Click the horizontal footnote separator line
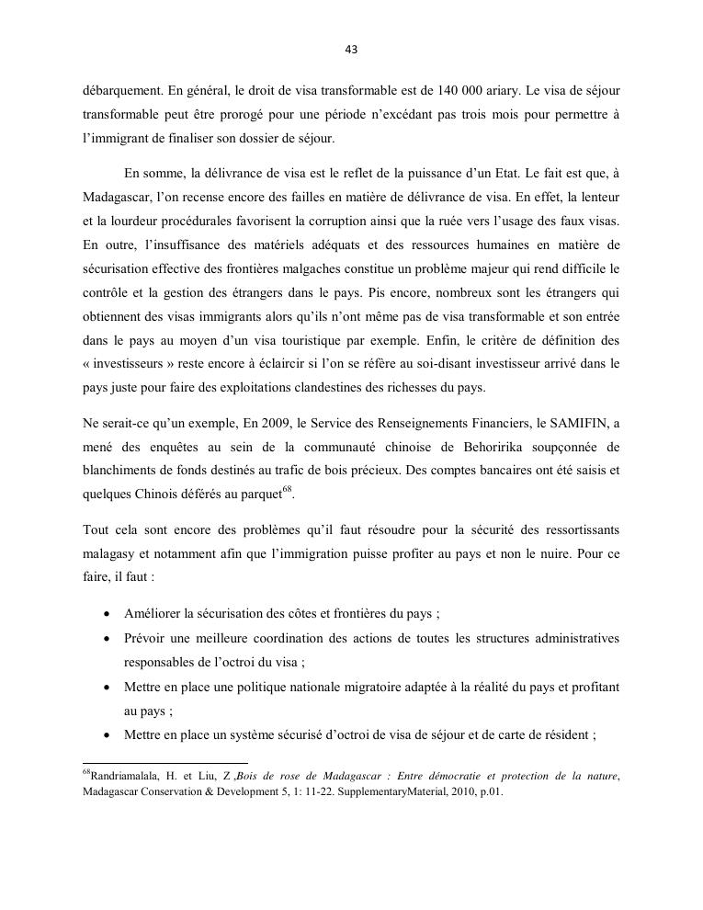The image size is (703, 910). tap(165, 762)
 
